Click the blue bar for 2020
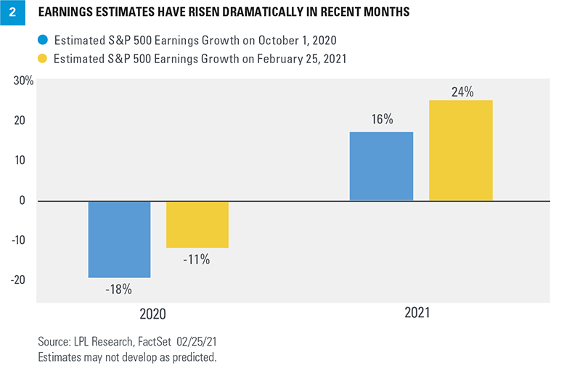119,239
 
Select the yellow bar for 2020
197,224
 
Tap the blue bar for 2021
381,166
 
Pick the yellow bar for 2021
461,150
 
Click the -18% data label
119,290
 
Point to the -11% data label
197,259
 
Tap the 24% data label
461,91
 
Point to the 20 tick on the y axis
27,120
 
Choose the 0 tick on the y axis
30,200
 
